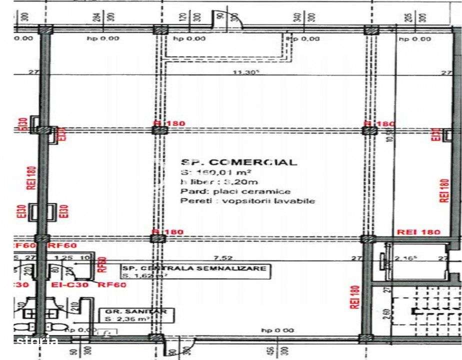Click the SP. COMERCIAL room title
pos(238,162)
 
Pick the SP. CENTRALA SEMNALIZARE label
pos(195,268)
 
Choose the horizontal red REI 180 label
pos(418,232)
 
